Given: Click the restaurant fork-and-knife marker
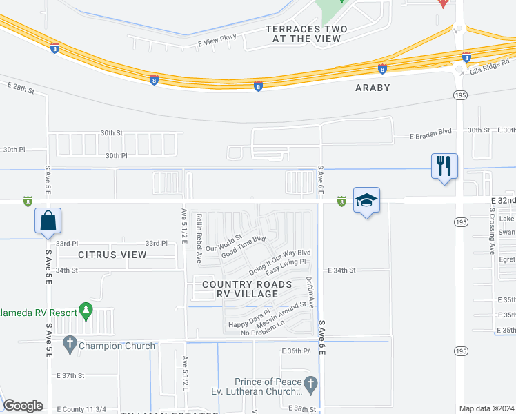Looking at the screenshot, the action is [444, 166].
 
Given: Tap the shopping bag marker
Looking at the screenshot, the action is [48, 221].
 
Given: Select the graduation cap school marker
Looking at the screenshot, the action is [367, 201].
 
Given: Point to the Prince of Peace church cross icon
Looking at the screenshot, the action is [311, 382].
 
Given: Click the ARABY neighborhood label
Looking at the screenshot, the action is [373, 88].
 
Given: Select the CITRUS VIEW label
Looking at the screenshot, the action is [112, 255].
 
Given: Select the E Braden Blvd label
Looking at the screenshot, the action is [431, 136].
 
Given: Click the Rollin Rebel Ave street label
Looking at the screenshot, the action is [198, 238].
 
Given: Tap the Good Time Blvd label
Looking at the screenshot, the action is [244, 248].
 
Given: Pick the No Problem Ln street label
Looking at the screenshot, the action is [262, 333].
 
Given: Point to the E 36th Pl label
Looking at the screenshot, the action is [295, 351].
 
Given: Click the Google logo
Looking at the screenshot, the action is [23, 406].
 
